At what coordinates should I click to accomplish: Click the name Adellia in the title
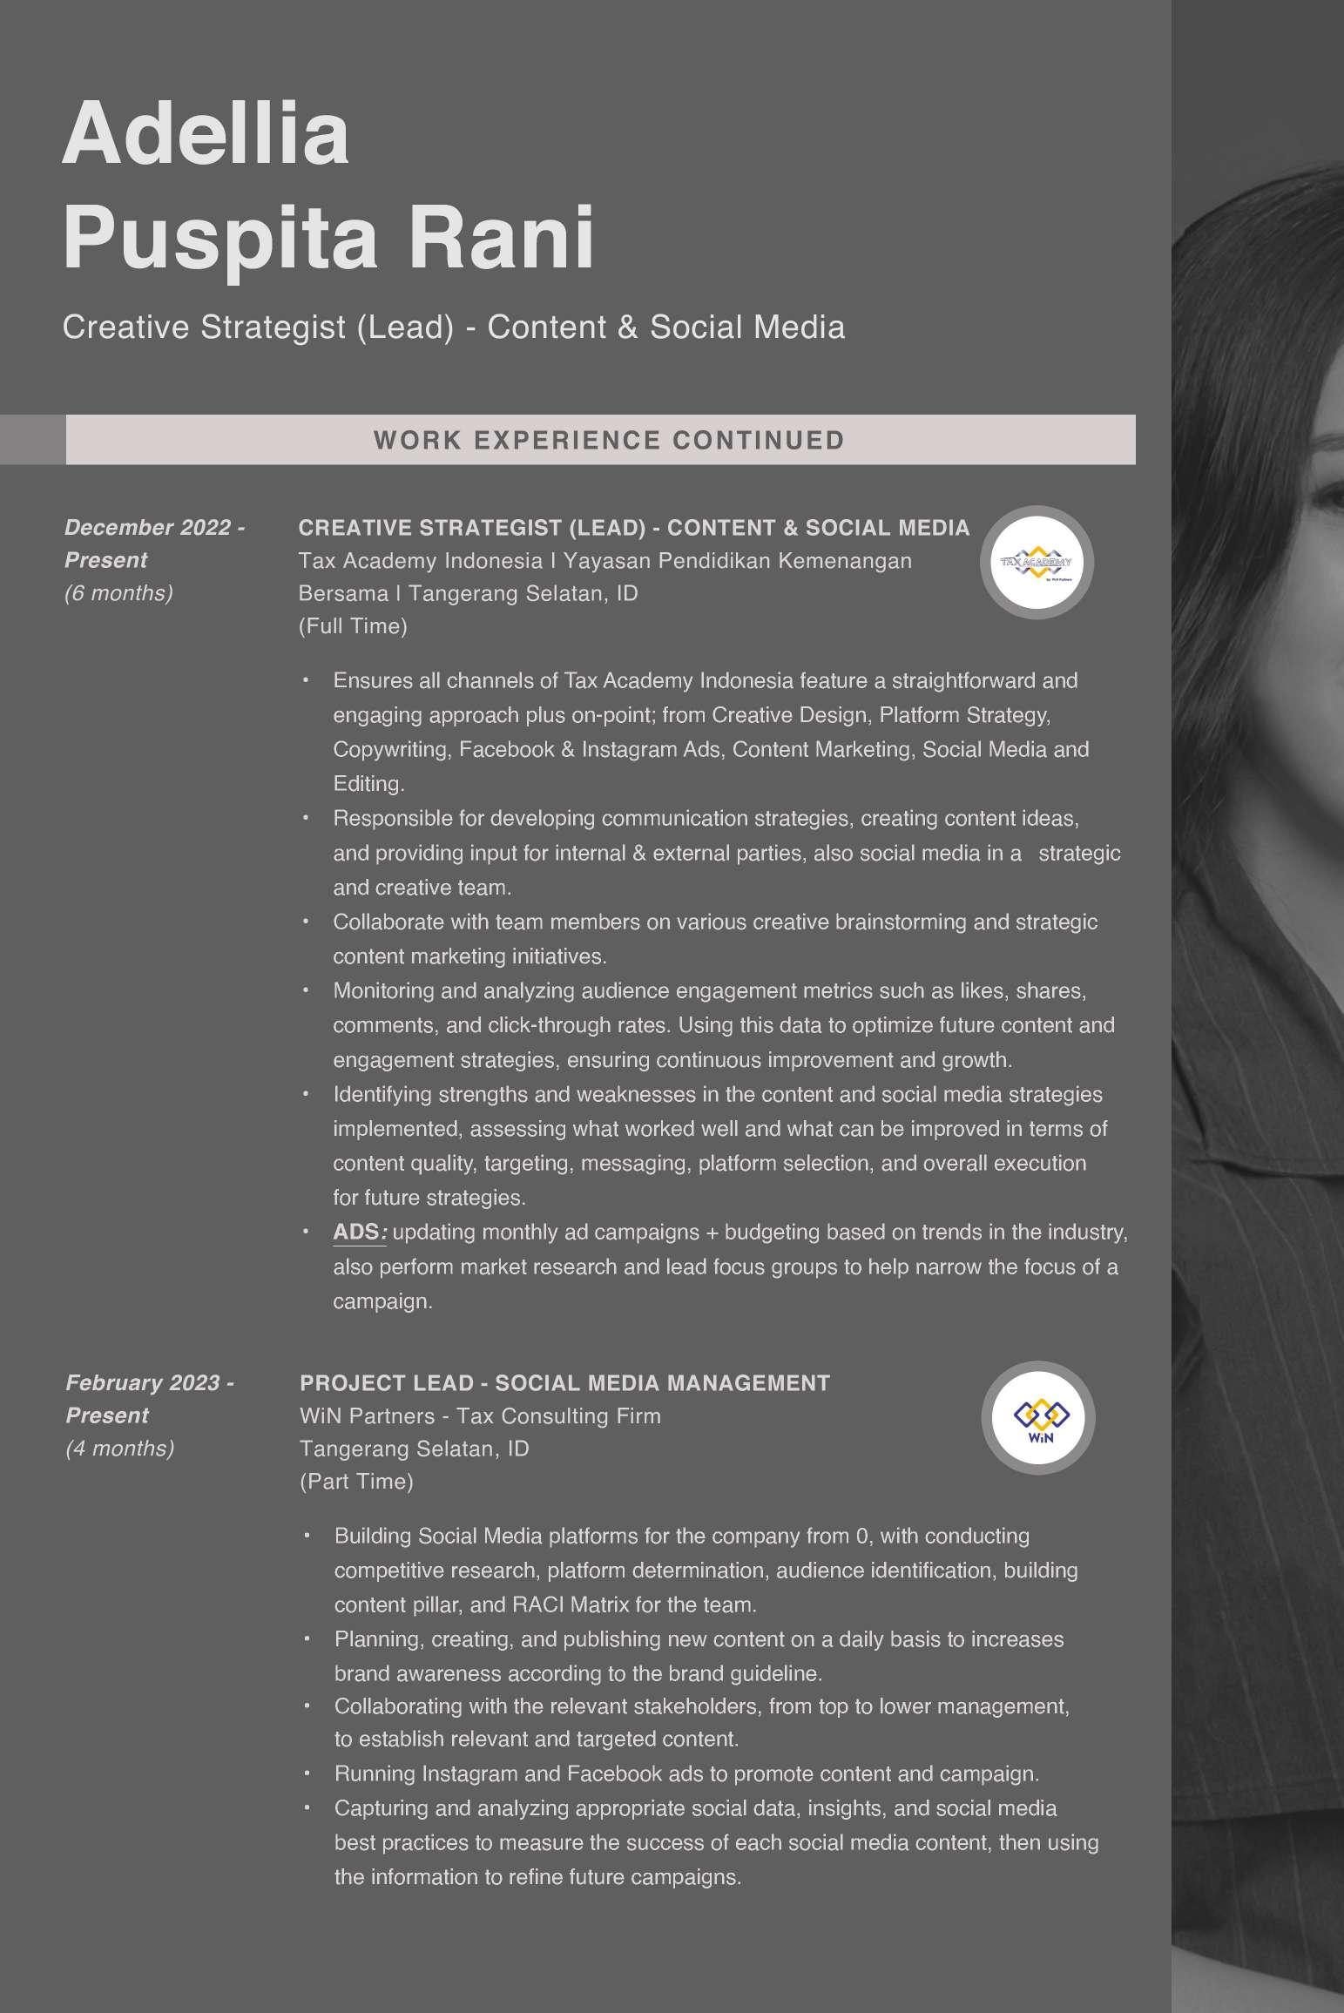[206, 135]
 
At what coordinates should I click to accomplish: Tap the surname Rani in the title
[501, 238]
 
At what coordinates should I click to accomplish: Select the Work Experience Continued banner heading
[609, 440]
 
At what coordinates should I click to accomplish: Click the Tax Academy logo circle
[1037, 563]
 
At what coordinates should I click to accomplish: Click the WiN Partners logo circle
[1038, 1418]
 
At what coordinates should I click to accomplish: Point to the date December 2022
[148, 528]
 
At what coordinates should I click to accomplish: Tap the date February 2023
[144, 1383]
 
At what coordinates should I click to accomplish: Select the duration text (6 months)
[118, 593]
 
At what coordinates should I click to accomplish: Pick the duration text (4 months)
[120, 1449]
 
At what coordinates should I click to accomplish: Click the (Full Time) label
[353, 626]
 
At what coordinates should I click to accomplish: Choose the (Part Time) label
[356, 1482]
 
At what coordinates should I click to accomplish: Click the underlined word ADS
[356, 1233]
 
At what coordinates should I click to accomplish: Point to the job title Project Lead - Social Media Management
[564, 1383]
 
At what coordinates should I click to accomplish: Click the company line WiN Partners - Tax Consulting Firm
[480, 1416]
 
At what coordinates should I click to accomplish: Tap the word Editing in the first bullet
[368, 784]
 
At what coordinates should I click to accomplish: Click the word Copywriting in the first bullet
[391, 750]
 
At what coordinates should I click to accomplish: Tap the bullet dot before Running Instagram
[307, 1773]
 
